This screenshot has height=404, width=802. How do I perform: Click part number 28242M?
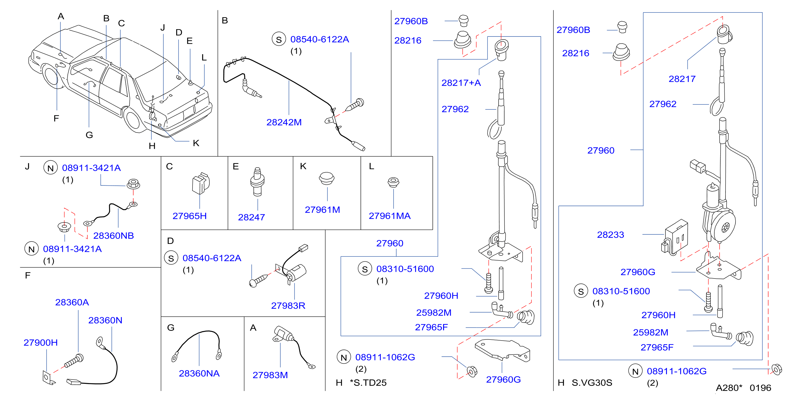click(x=284, y=122)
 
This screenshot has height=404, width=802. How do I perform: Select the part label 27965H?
click(x=190, y=216)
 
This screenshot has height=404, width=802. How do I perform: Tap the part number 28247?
click(x=251, y=217)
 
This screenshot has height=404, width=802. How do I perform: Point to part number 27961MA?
click(x=389, y=216)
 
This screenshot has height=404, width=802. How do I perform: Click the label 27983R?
click(x=288, y=306)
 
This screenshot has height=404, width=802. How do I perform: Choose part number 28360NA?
click(x=199, y=373)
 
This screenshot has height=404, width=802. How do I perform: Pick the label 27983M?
click(x=270, y=375)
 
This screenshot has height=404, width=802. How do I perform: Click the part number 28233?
click(x=610, y=235)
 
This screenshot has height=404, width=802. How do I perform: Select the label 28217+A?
click(x=461, y=83)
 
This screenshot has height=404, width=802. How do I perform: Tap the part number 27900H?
click(x=41, y=342)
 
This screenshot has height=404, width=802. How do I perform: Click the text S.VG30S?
click(x=592, y=382)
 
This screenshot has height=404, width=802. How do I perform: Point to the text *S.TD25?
click(x=368, y=382)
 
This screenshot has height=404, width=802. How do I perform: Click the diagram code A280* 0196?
click(x=743, y=388)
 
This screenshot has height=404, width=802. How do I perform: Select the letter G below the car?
click(x=89, y=135)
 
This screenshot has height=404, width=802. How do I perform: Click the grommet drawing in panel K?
click(x=326, y=178)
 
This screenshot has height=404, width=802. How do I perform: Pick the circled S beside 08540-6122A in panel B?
click(x=279, y=39)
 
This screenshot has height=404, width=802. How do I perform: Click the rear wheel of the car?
click(x=133, y=120)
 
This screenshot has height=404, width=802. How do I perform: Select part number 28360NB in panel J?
click(x=113, y=235)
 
